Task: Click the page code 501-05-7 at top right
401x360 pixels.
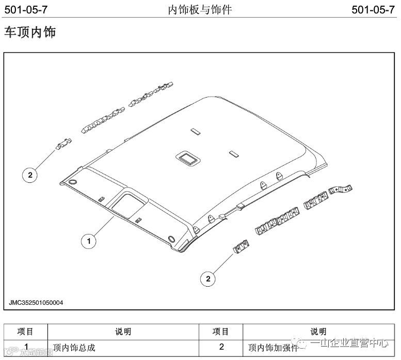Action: [x=373, y=9]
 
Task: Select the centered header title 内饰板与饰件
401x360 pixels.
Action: [x=200, y=9]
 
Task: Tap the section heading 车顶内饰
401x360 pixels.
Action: [x=30, y=32]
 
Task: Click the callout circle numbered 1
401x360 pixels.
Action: [x=89, y=240]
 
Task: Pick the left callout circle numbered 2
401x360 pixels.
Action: [x=30, y=175]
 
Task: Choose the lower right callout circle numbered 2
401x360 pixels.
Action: [x=208, y=279]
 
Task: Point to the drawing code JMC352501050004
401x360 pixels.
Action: [x=36, y=303]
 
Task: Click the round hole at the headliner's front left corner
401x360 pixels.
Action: [x=72, y=182]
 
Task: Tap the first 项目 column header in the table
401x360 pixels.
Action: [x=25, y=332]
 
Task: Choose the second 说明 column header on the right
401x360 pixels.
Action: [x=318, y=332]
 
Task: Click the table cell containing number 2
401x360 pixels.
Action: [x=221, y=347]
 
